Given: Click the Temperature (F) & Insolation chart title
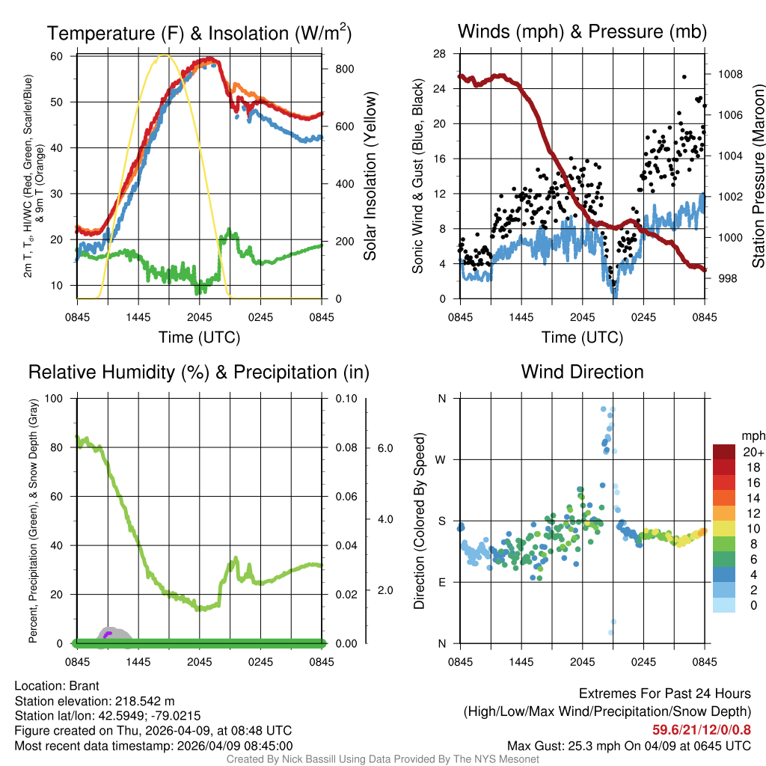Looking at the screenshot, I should (x=199, y=33).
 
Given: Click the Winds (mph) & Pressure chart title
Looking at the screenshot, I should (x=582, y=31).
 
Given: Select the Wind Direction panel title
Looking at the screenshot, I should (x=582, y=372).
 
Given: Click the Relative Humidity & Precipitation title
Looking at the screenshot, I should (x=198, y=372).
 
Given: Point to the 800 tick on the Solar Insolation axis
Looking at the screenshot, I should (x=345, y=69).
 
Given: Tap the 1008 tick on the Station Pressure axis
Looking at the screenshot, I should (x=730, y=74).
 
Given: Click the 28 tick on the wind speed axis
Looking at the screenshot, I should (x=440, y=54).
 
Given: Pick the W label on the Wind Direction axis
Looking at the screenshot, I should (x=441, y=459).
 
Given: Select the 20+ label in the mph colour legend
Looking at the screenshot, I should (x=753, y=452).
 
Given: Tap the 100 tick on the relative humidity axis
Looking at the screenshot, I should (x=54, y=398).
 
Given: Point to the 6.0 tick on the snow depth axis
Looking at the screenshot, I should (x=384, y=448).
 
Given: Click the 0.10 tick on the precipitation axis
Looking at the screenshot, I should (x=346, y=398).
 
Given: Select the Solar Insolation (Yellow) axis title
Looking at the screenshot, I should (x=370, y=176).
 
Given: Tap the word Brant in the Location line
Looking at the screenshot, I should (x=84, y=685).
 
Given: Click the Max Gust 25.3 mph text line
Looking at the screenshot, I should (x=628, y=745).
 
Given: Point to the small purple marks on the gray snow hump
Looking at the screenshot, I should (x=108, y=634).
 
